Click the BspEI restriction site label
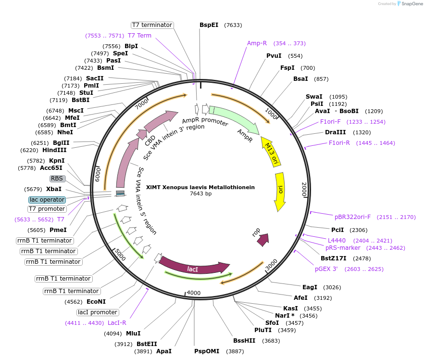(x=209, y=25)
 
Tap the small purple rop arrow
(x=262, y=239)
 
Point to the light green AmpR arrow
(x=234, y=119)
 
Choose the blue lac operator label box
(x=47, y=199)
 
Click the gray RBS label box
(x=57, y=178)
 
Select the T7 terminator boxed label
(x=152, y=25)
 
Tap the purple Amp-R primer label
(x=257, y=43)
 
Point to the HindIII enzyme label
(x=54, y=150)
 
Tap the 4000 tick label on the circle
(x=193, y=293)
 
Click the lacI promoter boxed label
(x=98, y=312)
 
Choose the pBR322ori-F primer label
(x=353, y=217)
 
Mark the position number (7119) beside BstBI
(x=60, y=100)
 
